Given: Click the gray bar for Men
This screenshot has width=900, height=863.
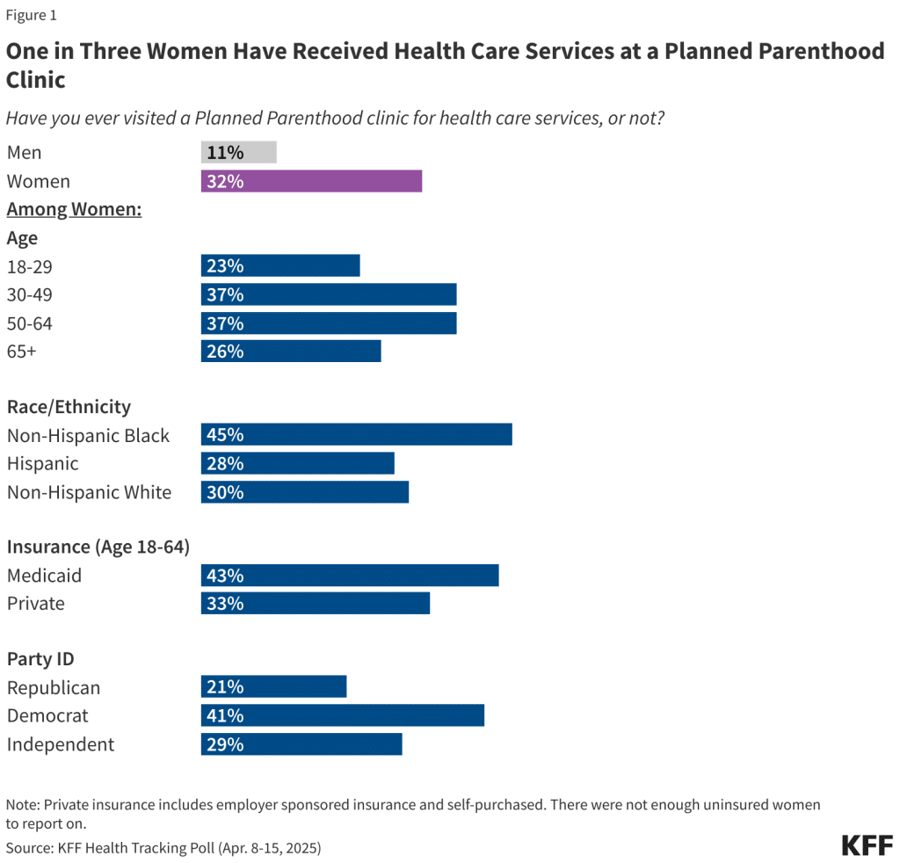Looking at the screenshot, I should tap(238, 152).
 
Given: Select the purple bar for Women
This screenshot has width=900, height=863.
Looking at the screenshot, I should tap(311, 181).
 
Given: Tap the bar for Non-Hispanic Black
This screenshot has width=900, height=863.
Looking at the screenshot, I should tap(356, 435).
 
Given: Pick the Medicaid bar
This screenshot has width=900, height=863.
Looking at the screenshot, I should tap(350, 576).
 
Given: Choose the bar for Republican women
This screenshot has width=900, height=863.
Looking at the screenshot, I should tap(273, 687).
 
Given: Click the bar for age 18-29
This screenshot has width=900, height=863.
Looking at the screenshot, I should tap(280, 265).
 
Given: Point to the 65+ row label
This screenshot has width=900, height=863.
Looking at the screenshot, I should tap(22, 352).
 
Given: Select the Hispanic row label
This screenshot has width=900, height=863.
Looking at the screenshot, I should tap(42, 464).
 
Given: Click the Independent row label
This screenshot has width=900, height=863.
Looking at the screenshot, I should tap(61, 744).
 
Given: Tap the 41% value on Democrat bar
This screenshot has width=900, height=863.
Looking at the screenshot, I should tap(225, 715).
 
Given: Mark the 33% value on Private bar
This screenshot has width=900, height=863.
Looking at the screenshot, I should tap(225, 604).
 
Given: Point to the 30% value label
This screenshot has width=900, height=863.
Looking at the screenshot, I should tap(225, 492).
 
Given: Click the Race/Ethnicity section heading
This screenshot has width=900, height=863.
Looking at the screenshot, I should tap(69, 407).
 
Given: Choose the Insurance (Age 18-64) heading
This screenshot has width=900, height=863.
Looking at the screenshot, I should tap(98, 547).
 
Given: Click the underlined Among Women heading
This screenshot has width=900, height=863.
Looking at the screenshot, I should tap(75, 209).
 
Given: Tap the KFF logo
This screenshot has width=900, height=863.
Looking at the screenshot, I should tap(867, 845).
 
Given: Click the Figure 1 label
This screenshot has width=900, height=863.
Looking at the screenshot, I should tap(32, 15).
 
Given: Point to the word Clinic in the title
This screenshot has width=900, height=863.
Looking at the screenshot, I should tap(36, 80).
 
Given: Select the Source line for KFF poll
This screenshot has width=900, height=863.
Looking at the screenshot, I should tap(163, 848).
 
